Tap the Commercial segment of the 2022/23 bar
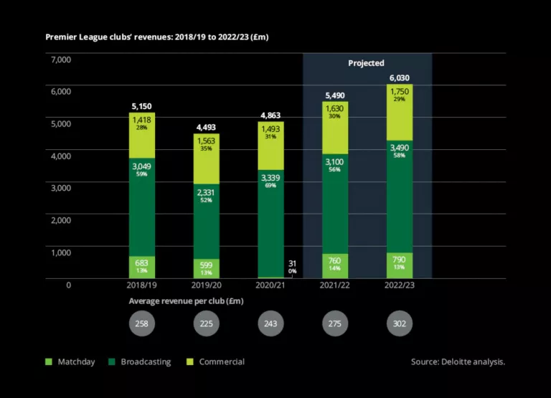[x=400, y=113]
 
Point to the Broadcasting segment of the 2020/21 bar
[x=270, y=222]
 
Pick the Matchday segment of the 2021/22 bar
[x=334, y=265]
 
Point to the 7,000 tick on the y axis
[x=61, y=60]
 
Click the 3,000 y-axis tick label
[x=61, y=188]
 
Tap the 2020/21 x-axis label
[x=270, y=285]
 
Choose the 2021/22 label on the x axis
[x=334, y=285]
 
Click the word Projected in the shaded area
[x=366, y=63]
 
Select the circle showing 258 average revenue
[x=141, y=323]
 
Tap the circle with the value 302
[x=400, y=323]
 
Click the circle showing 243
[x=270, y=323]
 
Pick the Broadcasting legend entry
[x=141, y=362]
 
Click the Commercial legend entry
[x=215, y=362]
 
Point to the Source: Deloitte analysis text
[x=458, y=362]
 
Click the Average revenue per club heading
[x=186, y=301]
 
